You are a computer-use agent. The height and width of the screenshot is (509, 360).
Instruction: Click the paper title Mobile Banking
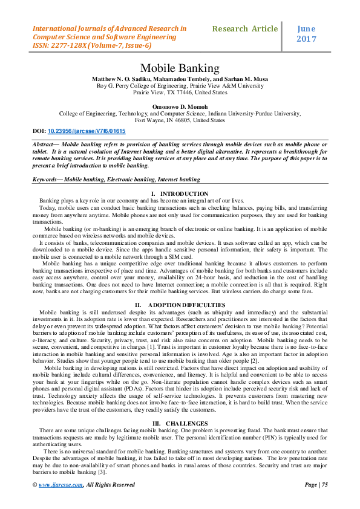point(180,68)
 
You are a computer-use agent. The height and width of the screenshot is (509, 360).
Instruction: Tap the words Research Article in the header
point(245,28)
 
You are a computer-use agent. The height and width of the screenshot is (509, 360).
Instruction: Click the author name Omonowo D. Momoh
point(180,106)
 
